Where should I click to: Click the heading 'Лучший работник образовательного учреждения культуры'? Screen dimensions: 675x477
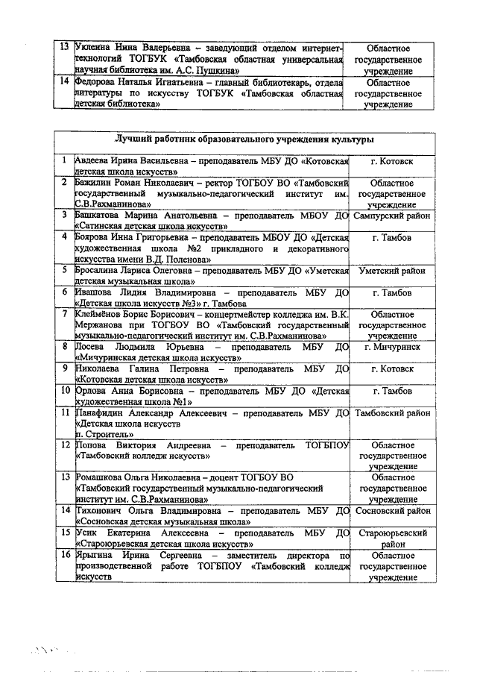click(244, 139)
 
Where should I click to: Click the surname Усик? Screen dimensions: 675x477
click(88, 533)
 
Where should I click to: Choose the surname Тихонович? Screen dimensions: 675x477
click(101, 511)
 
